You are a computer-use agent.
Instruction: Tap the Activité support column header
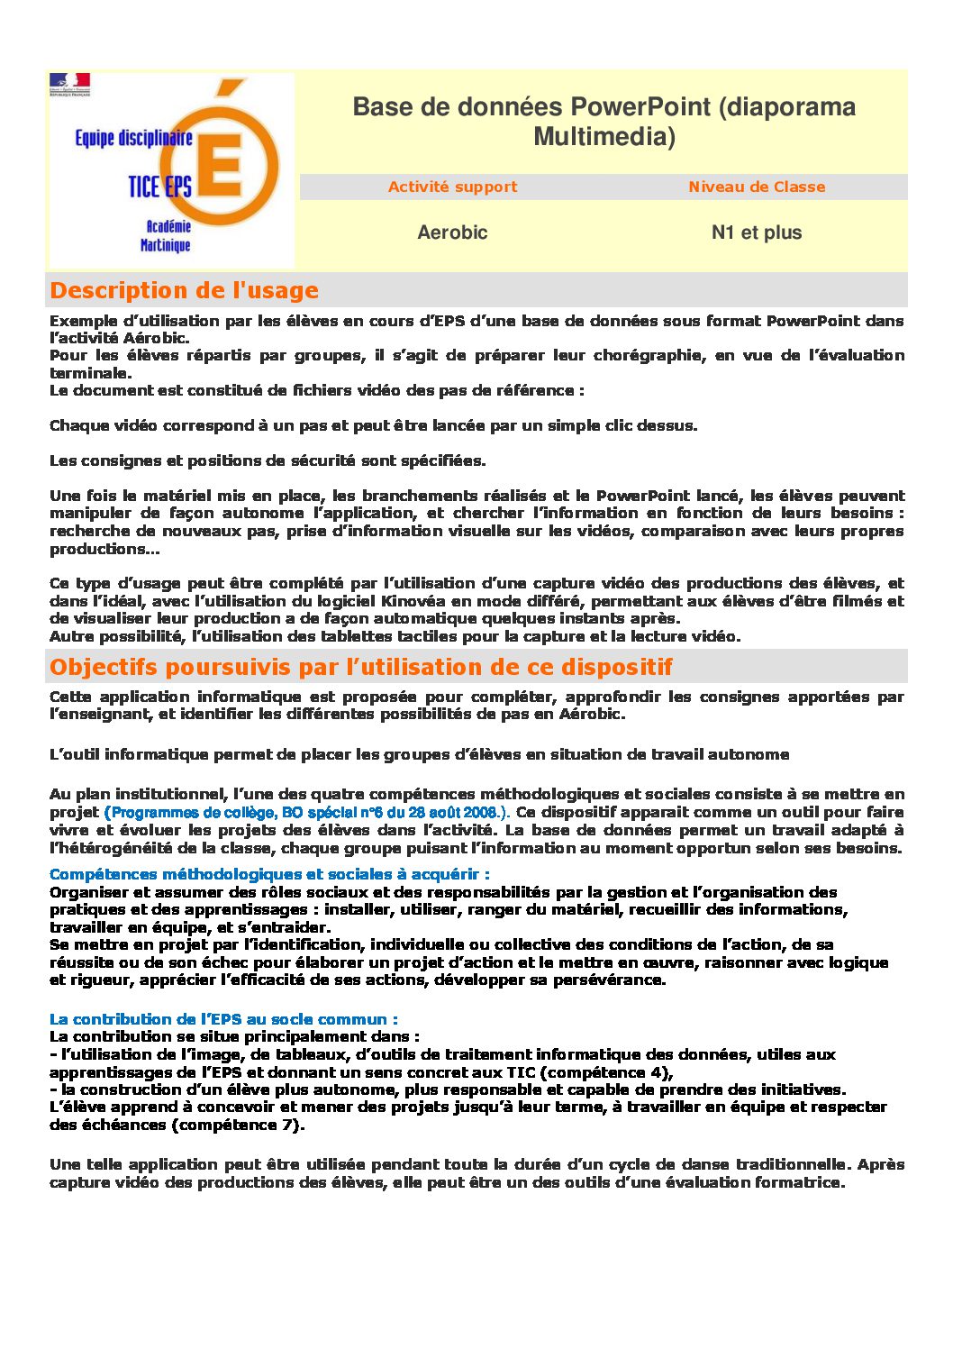pos(452,187)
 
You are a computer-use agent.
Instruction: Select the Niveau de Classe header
pos(757,187)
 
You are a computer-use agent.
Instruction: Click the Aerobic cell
pos(452,232)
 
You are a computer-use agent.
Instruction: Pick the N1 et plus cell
pos(757,232)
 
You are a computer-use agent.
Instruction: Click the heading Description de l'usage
pos(185,290)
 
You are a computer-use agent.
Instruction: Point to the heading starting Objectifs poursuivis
pos(361,667)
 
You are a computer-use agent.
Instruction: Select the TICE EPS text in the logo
pos(159,187)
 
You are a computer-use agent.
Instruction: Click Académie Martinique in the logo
pos(166,236)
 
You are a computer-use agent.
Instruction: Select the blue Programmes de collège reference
pos(307,812)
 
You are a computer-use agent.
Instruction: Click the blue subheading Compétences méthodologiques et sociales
pos(269,874)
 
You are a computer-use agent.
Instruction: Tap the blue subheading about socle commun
pos(223,1019)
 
